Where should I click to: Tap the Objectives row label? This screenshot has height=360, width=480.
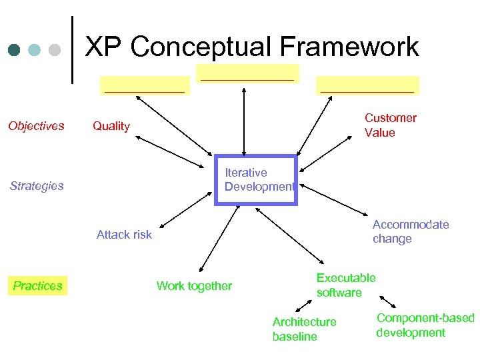[x=36, y=126]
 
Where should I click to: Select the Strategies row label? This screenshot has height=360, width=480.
[x=37, y=186]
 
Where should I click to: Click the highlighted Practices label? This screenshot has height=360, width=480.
[x=37, y=286]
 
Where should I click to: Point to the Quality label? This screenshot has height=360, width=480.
[x=111, y=126]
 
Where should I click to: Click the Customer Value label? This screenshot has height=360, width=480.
[x=390, y=125]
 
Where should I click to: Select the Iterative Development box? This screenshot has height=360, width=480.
[x=256, y=180]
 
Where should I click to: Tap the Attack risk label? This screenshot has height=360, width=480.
[x=124, y=235]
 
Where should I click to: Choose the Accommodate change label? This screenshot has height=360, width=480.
[x=410, y=231]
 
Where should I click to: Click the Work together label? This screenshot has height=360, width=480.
[x=194, y=286]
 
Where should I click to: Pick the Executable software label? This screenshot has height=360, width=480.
[x=345, y=285]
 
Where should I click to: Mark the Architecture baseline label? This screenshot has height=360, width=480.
[x=304, y=329]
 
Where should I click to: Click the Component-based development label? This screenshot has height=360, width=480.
[x=425, y=325]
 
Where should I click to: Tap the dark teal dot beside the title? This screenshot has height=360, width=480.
[x=13, y=50]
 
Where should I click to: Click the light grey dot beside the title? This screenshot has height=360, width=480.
[x=55, y=50]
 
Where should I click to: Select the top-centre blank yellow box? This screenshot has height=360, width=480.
[x=247, y=73]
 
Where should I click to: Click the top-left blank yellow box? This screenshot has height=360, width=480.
[x=145, y=85]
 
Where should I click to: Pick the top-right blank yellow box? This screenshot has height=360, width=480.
[x=367, y=85]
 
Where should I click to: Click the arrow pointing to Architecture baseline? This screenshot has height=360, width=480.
[x=304, y=305]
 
